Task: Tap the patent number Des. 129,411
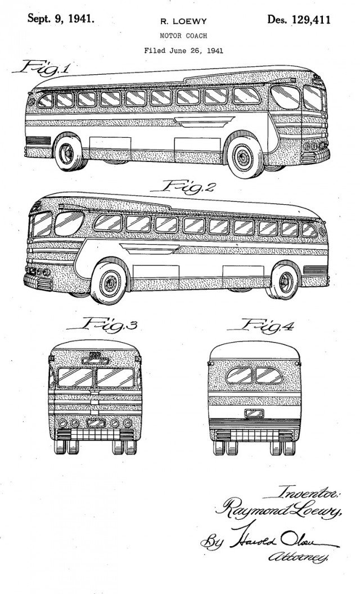tap(299, 20)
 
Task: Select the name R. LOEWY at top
tap(183, 21)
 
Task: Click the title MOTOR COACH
tap(183, 36)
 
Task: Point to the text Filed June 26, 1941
tap(183, 51)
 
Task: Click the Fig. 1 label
tap(42, 69)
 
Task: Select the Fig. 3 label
tap(102, 325)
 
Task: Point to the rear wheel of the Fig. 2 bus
tap(283, 282)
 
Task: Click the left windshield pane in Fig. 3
tap(75, 377)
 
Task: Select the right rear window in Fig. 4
tap(269, 375)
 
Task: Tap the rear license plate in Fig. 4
tap(254, 413)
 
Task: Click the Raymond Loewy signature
tap(278, 508)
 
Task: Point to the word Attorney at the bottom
tap(298, 556)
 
